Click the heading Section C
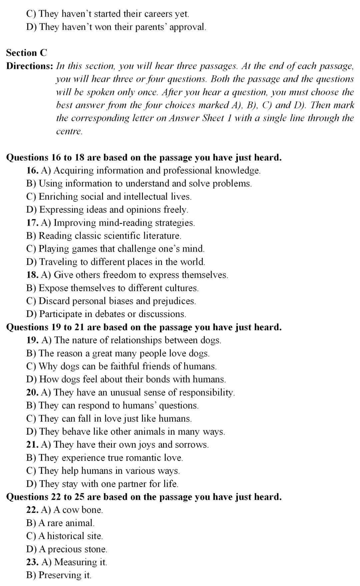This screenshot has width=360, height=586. [27, 53]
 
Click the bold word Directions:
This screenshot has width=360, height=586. [29, 66]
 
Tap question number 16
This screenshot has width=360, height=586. [32, 171]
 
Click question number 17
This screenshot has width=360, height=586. [32, 223]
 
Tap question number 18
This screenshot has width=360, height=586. [32, 275]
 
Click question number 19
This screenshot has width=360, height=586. [32, 340]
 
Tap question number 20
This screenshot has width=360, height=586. [32, 392]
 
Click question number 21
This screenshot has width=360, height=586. [32, 445]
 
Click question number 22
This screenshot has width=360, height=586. [32, 510]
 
